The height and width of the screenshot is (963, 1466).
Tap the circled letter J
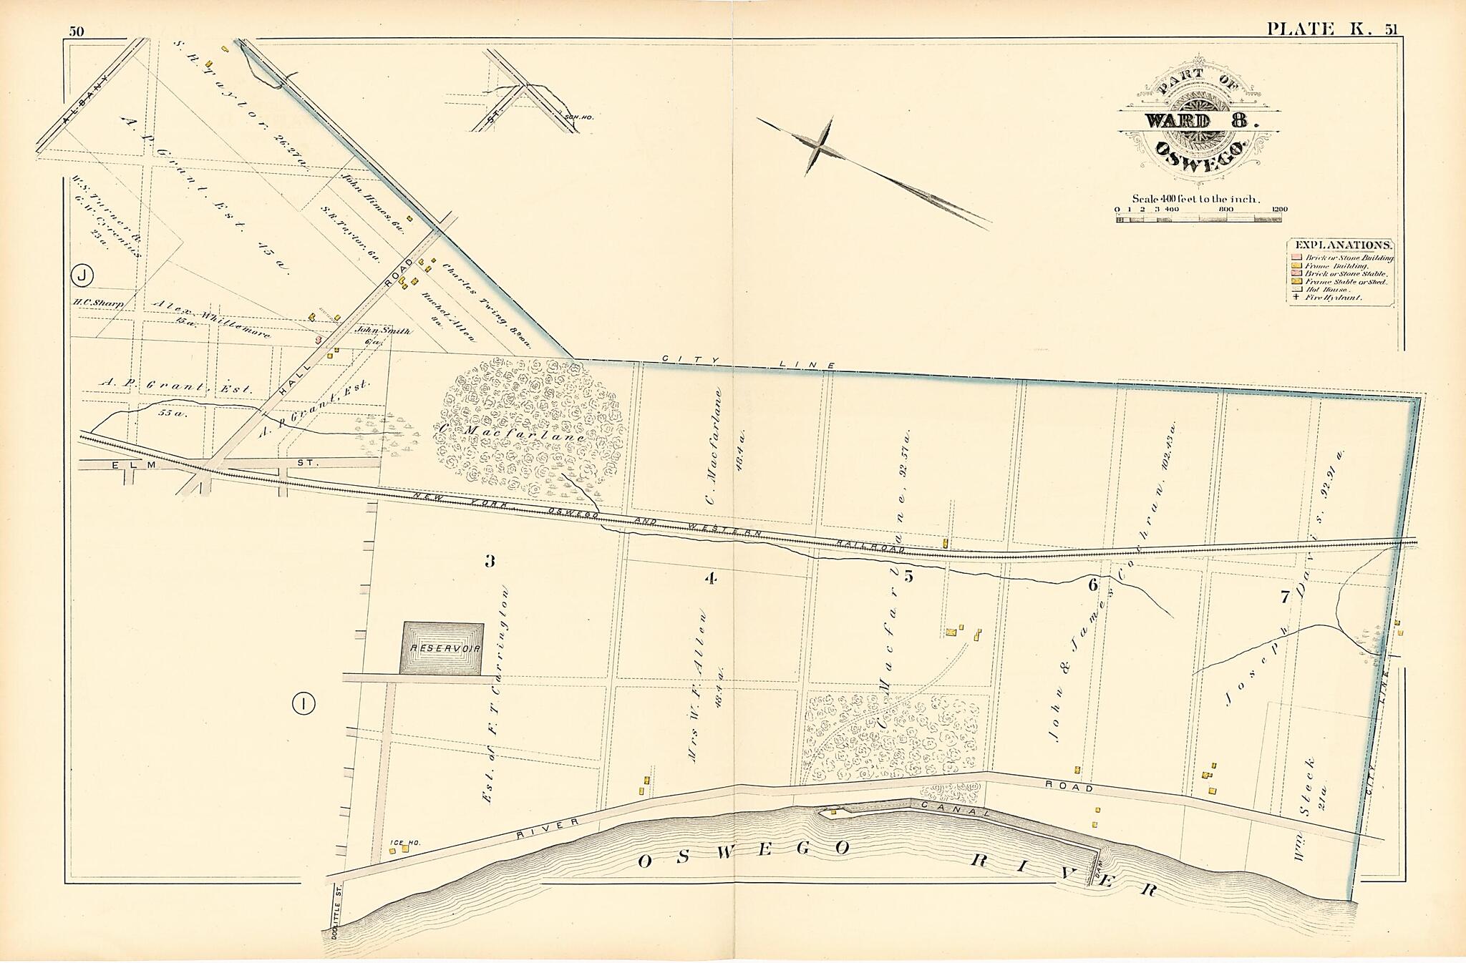tap(83, 275)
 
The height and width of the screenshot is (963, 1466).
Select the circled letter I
tap(304, 705)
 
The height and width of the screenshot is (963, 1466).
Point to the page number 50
tap(77, 31)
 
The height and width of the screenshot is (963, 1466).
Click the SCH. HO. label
tap(581, 117)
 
